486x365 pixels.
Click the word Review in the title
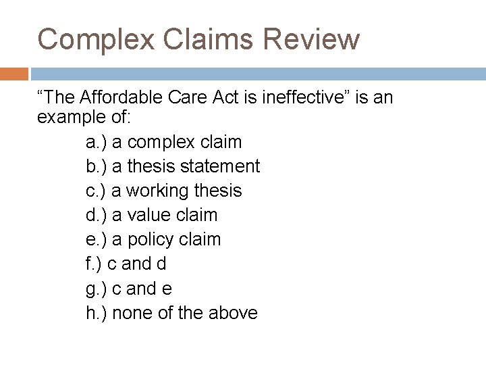[311, 39]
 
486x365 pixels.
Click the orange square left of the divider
[13, 73]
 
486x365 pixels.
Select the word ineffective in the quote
[302, 98]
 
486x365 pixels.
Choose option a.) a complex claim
[164, 142]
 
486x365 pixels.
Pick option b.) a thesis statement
[173, 166]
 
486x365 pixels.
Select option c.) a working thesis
[164, 191]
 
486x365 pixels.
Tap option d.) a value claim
[152, 215]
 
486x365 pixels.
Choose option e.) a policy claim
[153, 239]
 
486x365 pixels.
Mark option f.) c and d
[126, 264]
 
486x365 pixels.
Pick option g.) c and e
[129, 289]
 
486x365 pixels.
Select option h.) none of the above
[172, 313]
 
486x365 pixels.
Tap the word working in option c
[157, 191]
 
